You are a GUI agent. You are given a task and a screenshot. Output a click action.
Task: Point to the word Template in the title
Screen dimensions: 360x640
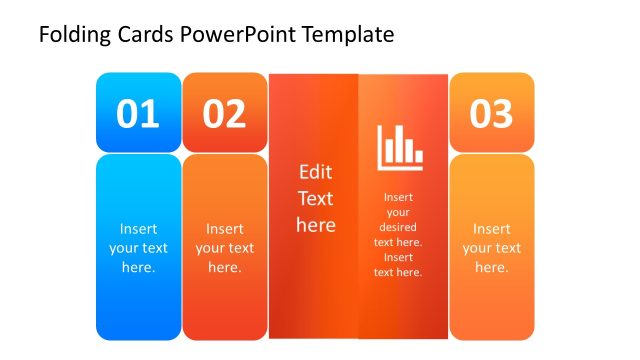pyautogui.click(x=349, y=35)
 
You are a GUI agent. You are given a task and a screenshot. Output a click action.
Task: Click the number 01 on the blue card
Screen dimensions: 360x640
pyautogui.click(x=138, y=114)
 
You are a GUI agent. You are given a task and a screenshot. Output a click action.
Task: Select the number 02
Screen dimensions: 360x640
pyautogui.click(x=224, y=114)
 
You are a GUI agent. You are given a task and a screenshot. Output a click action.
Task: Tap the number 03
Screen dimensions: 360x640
pyautogui.click(x=491, y=114)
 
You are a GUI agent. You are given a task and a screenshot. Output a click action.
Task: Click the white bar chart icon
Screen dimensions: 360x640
pyautogui.click(x=400, y=146)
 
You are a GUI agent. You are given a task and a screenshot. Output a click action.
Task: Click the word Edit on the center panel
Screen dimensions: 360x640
pyautogui.click(x=315, y=172)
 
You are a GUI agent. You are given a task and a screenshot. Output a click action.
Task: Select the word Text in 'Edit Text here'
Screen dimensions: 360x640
pyautogui.click(x=315, y=198)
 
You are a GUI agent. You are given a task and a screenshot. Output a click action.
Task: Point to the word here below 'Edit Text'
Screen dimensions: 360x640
pyautogui.click(x=315, y=225)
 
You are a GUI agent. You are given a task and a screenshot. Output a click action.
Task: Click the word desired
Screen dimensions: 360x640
pyautogui.click(x=398, y=227)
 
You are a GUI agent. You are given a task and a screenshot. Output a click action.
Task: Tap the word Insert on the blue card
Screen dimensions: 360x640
pyautogui.click(x=138, y=228)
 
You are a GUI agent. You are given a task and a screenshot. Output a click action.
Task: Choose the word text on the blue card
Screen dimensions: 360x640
pyautogui.click(x=154, y=248)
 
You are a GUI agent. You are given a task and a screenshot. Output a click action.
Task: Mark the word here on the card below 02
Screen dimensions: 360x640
pyautogui.click(x=224, y=267)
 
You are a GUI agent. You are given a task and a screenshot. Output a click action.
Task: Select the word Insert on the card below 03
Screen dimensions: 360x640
pyautogui.click(x=491, y=228)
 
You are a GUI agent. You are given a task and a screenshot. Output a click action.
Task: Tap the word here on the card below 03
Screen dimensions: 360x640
pyautogui.click(x=491, y=267)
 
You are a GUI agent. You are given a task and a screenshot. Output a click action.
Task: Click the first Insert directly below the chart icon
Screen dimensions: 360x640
pyautogui.click(x=398, y=197)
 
